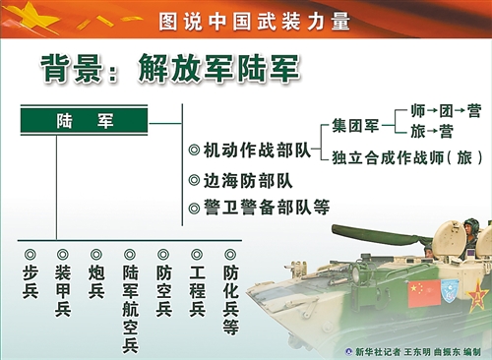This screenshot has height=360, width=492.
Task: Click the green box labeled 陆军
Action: [84, 121]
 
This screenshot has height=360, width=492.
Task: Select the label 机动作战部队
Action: [256, 150]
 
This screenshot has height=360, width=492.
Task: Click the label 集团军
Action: [355, 126]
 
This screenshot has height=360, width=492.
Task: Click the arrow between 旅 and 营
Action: [431, 131]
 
